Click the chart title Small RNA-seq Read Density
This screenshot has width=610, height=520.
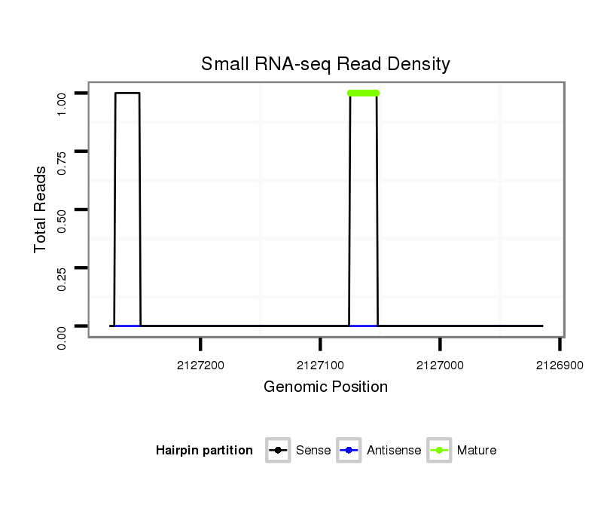[325, 64]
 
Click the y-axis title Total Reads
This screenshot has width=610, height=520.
[41, 210]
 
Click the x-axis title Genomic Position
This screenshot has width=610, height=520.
[325, 387]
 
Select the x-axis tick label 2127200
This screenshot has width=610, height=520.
[200, 365]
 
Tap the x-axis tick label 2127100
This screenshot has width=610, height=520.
[320, 365]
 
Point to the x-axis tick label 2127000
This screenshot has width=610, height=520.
[440, 365]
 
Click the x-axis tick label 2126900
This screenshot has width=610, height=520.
[560, 365]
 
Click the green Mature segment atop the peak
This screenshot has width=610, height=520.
[363, 93]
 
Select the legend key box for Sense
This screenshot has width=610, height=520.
[278, 451]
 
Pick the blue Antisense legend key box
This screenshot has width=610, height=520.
[349, 451]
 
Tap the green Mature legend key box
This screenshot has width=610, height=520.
[438, 451]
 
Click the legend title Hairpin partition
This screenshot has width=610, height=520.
[204, 451]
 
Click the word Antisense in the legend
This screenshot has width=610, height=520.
[394, 451]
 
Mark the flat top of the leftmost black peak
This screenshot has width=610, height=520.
[127, 93]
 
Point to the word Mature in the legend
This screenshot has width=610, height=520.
[477, 451]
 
